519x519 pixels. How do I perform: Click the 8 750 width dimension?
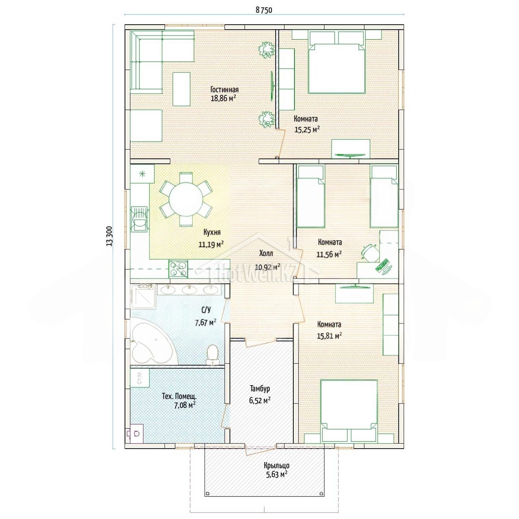click(264, 10)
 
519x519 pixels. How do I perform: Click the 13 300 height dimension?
click(109, 236)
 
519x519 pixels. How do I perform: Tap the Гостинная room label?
click(224, 89)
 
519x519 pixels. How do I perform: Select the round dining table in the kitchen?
click(186, 199)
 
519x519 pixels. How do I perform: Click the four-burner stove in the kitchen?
click(178, 268)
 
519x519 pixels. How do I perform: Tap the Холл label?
click(266, 253)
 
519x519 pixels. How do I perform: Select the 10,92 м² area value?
click(268, 266)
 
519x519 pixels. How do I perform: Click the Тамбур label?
click(260, 389)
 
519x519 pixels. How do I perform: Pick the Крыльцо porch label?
click(277, 465)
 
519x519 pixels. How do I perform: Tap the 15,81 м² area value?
click(329, 336)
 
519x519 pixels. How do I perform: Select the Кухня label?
click(212, 232)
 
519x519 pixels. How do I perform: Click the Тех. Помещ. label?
click(179, 396)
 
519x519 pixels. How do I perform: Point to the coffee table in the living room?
click(181, 89)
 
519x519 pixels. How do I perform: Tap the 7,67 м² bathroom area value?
click(206, 322)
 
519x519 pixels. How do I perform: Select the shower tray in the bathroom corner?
click(143, 296)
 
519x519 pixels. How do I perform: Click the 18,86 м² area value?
click(224, 98)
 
